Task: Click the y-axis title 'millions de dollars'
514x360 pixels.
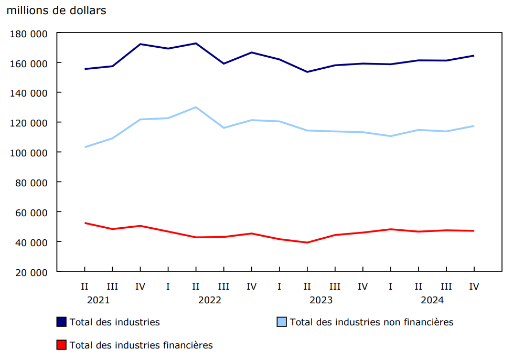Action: click(x=56, y=10)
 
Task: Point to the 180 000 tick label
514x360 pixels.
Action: click(x=29, y=34)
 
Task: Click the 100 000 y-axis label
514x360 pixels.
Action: click(x=29, y=153)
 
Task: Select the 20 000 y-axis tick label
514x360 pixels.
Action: click(x=29, y=272)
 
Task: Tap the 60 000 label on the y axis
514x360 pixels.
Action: click(x=29, y=213)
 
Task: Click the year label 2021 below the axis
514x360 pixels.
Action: click(x=98, y=300)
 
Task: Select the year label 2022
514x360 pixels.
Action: click(x=209, y=300)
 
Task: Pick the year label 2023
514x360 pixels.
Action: click(x=320, y=300)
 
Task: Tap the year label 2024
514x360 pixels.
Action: click(x=432, y=300)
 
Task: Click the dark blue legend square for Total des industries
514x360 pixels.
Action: click(x=61, y=322)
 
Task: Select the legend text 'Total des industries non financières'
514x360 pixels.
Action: click(x=371, y=322)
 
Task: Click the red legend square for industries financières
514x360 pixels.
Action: click(x=61, y=345)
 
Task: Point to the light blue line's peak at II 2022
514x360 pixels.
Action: click(x=196, y=107)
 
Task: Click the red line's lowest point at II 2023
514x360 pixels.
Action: click(x=307, y=242)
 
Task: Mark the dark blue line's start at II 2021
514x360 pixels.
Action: click(x=84, y=69)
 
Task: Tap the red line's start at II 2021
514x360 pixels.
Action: click(x=84, y=223)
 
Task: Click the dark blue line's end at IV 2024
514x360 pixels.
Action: click(x=474, y=56)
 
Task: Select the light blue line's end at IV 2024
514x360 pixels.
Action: click(x=474, y=126)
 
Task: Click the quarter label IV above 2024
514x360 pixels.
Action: click(x=474, y=287)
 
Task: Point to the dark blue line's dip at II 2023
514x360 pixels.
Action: click(x=307, y=72)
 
